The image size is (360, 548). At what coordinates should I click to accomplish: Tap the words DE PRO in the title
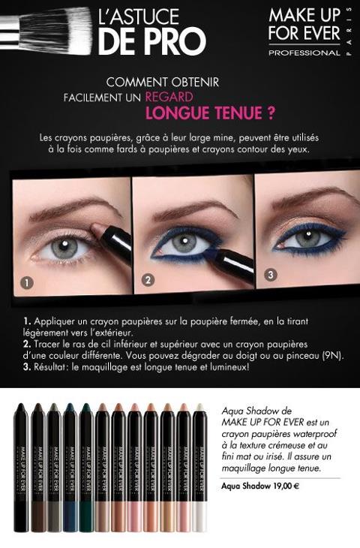click(152, 42)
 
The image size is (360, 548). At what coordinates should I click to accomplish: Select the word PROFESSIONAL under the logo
click(304, 53)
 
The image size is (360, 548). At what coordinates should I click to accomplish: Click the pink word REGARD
click(169, 97)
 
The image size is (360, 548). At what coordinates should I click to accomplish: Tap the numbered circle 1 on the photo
click(27, 282)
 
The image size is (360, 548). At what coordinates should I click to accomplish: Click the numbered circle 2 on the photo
click(148, 280)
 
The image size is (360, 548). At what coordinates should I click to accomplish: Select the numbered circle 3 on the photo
click(270, 275)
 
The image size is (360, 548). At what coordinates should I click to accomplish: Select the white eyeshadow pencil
click(199, 468)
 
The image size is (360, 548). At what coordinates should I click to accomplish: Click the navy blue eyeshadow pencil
click(70, 468)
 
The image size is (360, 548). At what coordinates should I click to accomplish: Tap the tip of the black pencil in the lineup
click(20, 406)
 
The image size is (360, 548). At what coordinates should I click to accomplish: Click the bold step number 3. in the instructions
click(27, 367)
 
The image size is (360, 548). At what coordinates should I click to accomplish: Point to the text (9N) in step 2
click(333, 356)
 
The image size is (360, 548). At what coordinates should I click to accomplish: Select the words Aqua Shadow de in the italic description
click(256, 411)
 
